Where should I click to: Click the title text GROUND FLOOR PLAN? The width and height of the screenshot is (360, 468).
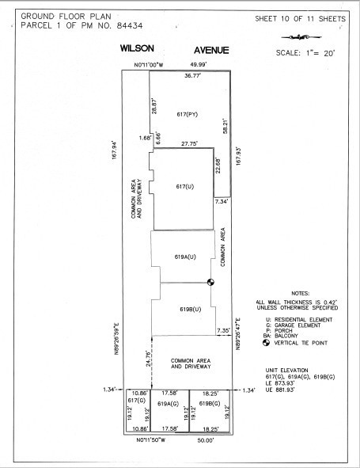(57, 15)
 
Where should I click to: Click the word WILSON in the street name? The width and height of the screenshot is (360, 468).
(137, 49)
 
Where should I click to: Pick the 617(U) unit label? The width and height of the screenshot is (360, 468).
(184, 186)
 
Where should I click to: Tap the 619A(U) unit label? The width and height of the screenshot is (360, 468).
(185, 257)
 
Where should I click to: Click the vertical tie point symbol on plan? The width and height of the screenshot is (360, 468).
(211, 282)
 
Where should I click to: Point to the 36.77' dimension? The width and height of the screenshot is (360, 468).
(193, 76)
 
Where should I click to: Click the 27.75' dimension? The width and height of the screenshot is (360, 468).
(189, 144)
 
